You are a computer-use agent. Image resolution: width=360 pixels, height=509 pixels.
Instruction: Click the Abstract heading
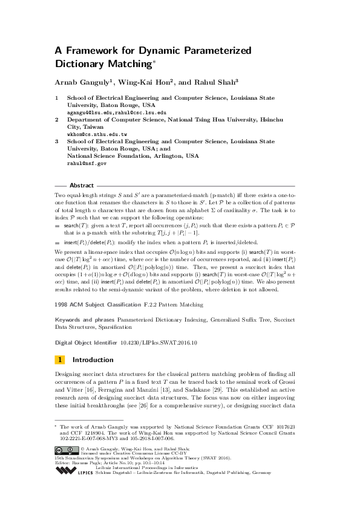coord(82,186)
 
